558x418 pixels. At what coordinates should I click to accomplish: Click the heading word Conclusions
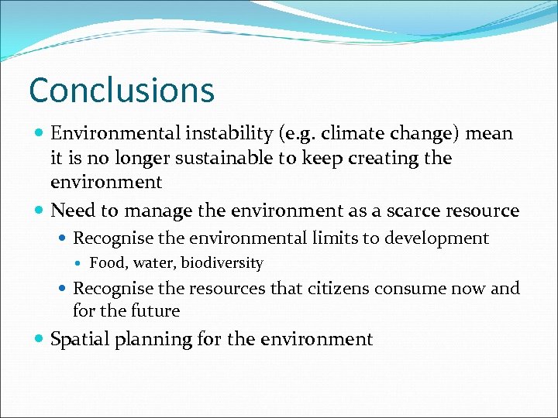click(x=121, y=90)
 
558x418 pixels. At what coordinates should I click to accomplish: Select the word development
click(x=440, y=238)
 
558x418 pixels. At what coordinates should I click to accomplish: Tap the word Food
click(x=105, y=263)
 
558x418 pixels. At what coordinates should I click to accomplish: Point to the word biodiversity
click(x=222, y=263)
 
